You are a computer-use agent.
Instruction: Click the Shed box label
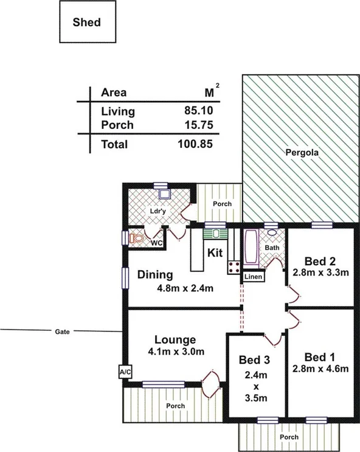tap(87, 23)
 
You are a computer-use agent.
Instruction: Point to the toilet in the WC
tap(137, 238)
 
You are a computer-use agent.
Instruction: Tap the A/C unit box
tap(125, 372)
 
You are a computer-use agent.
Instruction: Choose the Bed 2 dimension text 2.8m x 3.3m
tap(320, 273)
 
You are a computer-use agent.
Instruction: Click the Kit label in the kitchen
tap(215, 252)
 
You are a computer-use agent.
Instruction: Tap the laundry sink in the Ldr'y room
tap(163, 195)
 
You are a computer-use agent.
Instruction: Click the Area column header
tap(114, 93)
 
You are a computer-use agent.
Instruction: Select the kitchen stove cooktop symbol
tap(232, 266)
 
